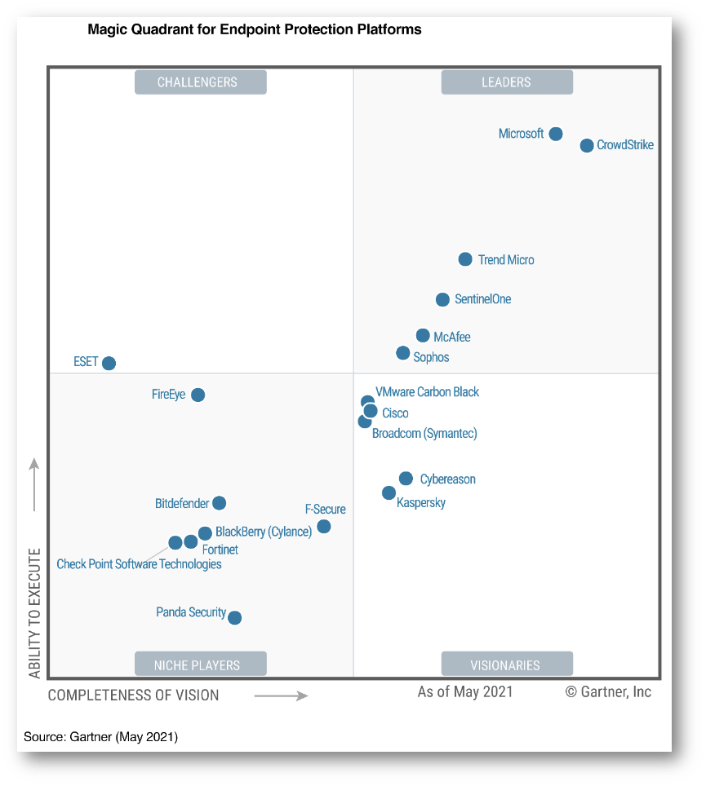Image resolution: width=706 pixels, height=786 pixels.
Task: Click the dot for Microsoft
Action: [x=555, y=134]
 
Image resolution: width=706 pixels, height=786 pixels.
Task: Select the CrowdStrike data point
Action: [x=587, y=146]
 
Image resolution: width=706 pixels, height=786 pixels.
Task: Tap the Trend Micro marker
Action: [x=465, y=259]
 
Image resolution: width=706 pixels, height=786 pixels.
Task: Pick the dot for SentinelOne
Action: [x=442, y=300]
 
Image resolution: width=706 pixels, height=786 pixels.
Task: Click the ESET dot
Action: [x=109, y=363]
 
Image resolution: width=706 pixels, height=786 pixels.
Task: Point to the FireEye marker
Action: [x=198, y=395]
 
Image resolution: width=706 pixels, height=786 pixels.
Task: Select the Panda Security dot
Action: [x=234, y=617]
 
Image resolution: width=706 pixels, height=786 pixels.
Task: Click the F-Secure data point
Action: [x=324, y=527]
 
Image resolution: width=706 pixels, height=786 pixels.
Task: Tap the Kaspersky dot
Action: [x=389, y=492]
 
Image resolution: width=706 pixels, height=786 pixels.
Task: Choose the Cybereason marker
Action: [x=406, y=479]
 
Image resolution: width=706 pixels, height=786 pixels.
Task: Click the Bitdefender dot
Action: [x=219, y=503]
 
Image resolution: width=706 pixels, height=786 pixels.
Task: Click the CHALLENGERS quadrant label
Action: [x=200, y=82]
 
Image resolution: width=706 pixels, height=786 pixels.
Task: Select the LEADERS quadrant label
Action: [x=507, y=82]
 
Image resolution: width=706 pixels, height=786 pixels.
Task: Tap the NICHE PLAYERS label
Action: [x=200, y=665]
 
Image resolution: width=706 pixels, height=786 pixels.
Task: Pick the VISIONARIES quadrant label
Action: [x=507, y=665]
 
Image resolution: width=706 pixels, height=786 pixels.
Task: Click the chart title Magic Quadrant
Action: [x=254, y=29]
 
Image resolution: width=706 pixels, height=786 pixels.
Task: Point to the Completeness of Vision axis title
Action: [x=133, y=695]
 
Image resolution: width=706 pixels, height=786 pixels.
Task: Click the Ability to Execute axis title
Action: [x=34, y=612]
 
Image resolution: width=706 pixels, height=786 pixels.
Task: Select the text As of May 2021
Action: [x=465, y=692]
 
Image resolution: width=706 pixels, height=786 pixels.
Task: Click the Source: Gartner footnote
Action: [x=100, y=737]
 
